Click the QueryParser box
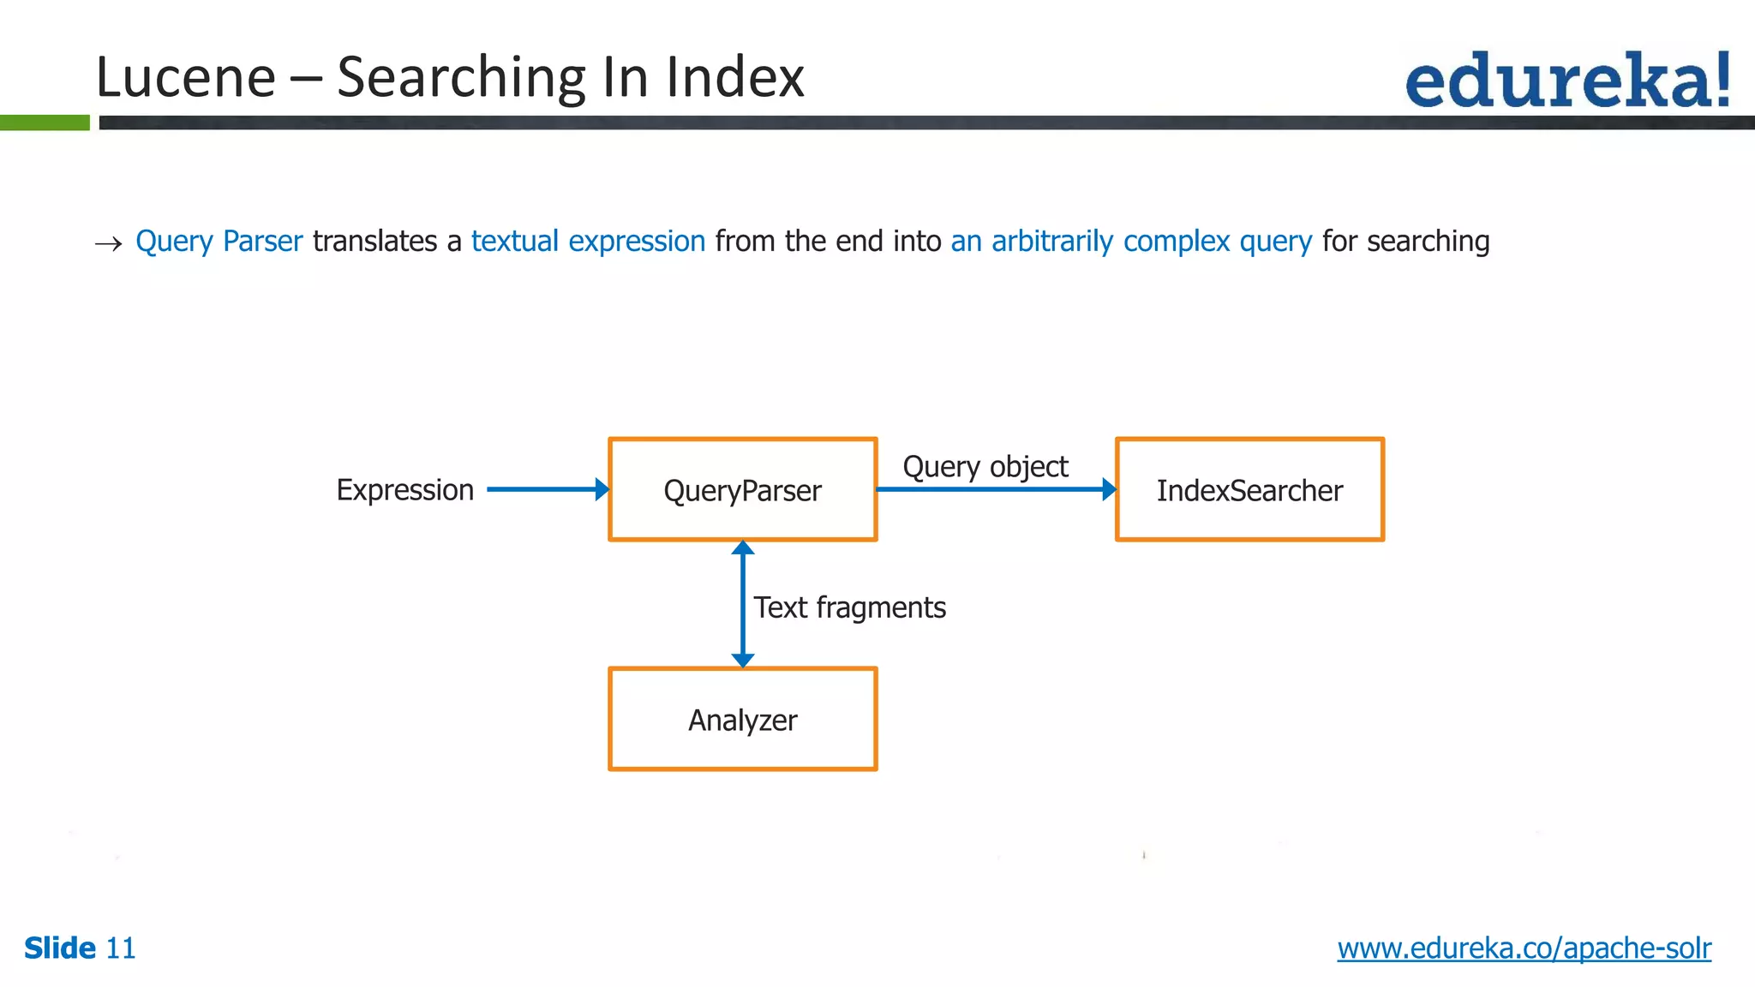click(x=742, y=490)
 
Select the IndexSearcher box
click(x=1249, y=490)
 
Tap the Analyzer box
click(x=742, y=720)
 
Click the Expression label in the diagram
click(x=404, y=490)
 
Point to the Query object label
click(x=985, y=467)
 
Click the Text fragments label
click(x=849, y=607)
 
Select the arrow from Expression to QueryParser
click(x=547, y=489)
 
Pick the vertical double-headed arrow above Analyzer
click(x=743, y=604)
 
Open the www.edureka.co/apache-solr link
click(x=1524, y=948)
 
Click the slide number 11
click(x=120, y=948)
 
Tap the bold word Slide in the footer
click(x=60, y=948)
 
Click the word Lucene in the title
click(x=186, y=77)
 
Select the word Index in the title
click(x=735, y=77)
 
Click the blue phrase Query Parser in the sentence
click(x=219, y=242)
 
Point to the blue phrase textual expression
click(x=588, y=242)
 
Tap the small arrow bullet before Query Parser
click(x=108, y=244)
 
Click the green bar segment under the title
click(x=45, y=123)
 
